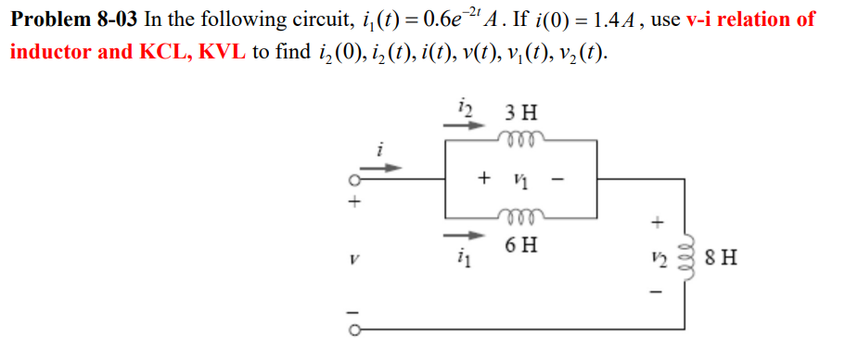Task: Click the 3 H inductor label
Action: tap(520, 116)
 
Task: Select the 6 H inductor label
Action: tap(520, 246)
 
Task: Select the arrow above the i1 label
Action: tap(468, 235)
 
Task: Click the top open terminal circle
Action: tap(352, 181)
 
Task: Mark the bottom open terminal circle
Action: tap(352, 328)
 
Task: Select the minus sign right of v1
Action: tap(558, 179)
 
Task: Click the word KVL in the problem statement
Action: tap(222, 51)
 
